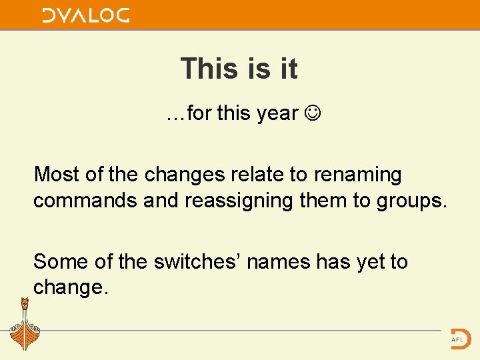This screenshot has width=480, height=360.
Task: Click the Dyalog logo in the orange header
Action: (x=86, y=15)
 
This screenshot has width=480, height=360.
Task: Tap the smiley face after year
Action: (x=311, y=113)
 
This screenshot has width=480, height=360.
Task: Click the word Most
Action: (x=56, y=175)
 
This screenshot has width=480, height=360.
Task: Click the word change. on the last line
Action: (x=71, y=288)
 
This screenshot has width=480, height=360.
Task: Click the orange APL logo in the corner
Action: (x=460, y=337)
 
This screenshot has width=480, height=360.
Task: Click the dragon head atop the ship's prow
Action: (x=25, y=304)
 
